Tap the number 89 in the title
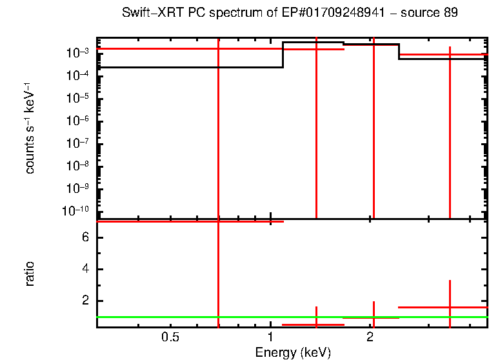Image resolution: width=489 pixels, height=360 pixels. (451, 14)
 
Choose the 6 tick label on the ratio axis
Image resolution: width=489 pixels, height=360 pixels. (85, 238)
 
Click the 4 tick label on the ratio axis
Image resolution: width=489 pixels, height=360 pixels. (85, 270)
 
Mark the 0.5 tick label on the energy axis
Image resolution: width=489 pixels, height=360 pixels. (170, 337)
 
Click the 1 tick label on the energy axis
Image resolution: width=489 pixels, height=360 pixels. (270, 337)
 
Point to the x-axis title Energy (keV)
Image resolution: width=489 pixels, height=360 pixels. (293, 352)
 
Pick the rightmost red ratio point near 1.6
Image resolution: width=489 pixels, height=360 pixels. (450, 307)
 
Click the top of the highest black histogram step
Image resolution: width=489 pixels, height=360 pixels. (313, 43)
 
